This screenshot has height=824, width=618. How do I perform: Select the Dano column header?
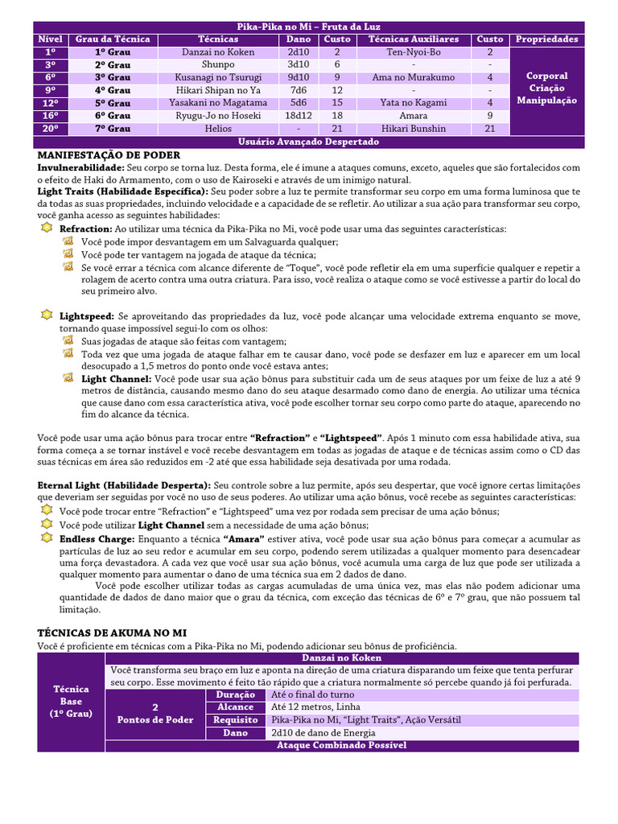(x=298, y=39)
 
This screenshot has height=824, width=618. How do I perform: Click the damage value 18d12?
(x=298, y=116)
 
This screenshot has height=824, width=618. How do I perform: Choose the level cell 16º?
(x=50, y=116)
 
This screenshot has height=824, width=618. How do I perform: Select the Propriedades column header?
(x=546, y=39)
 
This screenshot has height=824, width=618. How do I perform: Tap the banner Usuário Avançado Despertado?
(x=308, y=142)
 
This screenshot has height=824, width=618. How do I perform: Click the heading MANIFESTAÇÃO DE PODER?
(x=109, y=154)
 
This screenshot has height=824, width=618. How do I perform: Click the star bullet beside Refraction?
(x=46, y=229)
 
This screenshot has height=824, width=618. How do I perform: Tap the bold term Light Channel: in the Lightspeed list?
(x=116, y=378)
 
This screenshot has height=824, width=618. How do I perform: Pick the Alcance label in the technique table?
(x=236, y=707)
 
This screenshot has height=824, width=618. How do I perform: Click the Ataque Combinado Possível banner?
(x=342, y=746)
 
